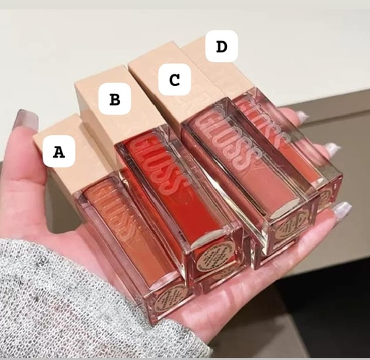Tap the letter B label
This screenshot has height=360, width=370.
(x=114, y=99)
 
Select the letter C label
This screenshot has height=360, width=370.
(x=174, y=80)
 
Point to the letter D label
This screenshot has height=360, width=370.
(x=220, y=46)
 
